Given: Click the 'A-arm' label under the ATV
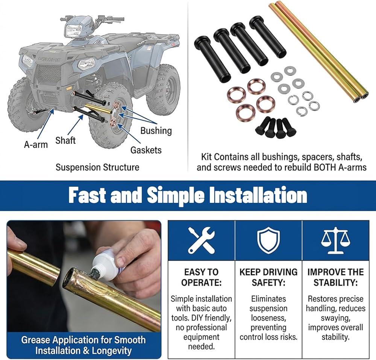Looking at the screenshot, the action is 36,145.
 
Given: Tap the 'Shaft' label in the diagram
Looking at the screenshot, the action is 65,140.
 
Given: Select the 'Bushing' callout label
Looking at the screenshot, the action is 156,131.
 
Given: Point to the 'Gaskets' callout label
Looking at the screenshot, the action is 146,150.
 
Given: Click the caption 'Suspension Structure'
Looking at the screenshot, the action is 97,167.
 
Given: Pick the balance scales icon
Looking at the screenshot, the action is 335,240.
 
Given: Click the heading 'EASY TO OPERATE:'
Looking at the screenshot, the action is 201,277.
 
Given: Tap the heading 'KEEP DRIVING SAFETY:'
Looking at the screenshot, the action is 268,277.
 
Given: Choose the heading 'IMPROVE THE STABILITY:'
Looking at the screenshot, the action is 335,277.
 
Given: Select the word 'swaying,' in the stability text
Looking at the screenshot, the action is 335,318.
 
